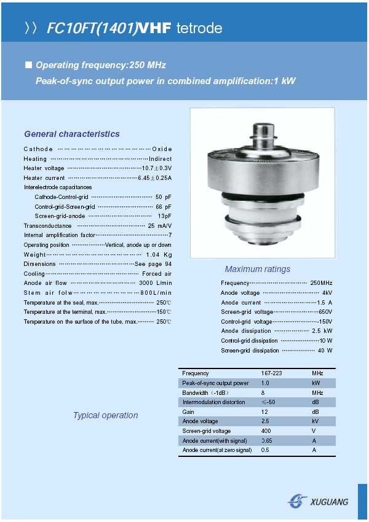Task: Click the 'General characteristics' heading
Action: click(x=72, y=134)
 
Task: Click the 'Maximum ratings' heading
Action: click(x=257, y=269)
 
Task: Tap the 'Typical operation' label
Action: click(x=105, y=415)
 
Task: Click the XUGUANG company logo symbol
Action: click(x=298, y=501)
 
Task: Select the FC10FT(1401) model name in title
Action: click(x=92, y=29)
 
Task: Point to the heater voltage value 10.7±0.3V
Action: click(x=157, y=168)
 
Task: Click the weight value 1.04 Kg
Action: click(x=159, y=254)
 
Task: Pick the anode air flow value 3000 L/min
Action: click(x=156, y=283)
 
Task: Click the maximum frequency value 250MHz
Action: click(x=321, y=283)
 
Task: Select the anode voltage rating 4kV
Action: click(x=327, y=293)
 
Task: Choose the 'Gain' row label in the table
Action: click(x=188, y=411)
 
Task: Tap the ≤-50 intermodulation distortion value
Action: click(x=268, y=402)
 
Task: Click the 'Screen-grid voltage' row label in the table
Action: click(x=207, y=431)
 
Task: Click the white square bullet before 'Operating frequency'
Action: click(x=28, y=65)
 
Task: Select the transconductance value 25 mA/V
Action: click(x=159, y=225)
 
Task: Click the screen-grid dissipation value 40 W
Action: click(x=325, y=351)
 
